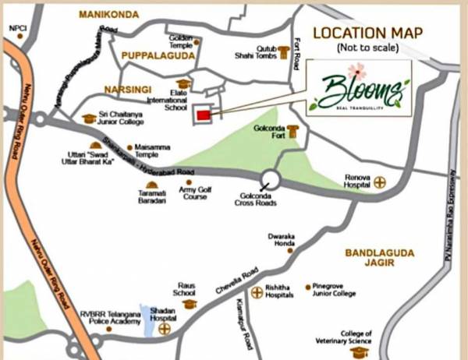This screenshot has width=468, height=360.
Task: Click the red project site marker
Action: (x=203, y=115)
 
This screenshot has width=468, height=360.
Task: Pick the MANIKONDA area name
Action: (x=109, y=15)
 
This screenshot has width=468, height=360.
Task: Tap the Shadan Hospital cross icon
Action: (x=164, y=330)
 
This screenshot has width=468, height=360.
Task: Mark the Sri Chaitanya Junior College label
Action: (x=124, y=119)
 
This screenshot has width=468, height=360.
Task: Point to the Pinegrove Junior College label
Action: (x=335, y=290)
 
